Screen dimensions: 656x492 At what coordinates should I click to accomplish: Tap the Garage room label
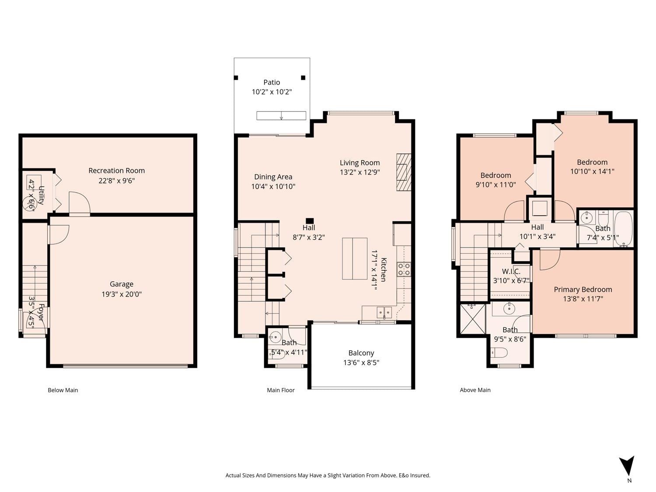(121, 284)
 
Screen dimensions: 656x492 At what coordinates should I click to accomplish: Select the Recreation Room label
(117, 171)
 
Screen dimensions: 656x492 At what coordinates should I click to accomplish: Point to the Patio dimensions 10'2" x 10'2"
(272, 92)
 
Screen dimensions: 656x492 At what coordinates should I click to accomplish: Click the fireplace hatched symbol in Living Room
(404, 172)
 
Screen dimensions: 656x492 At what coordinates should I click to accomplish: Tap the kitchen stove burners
(404, 269)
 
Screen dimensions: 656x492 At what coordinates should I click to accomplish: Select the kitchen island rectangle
(355, 258)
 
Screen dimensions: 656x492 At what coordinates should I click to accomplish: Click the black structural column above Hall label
(310, 221)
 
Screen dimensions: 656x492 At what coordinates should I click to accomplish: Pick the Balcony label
(361, 353)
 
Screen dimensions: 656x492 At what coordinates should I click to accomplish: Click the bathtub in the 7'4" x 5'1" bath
(624, 229)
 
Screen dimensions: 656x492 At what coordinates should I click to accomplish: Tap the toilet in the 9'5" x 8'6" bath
(499, 352)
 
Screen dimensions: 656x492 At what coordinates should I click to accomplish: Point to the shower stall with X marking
(472, 318)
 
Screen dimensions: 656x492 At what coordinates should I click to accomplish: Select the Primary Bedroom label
(583, 290)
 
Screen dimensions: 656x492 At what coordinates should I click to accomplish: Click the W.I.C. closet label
(511, 272)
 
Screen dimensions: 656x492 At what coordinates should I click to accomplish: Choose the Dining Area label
(273, 177)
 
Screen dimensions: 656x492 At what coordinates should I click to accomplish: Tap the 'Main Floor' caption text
(281, 390)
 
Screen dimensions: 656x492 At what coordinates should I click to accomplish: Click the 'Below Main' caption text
(63, 390)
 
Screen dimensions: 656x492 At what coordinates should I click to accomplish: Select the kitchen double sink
(384, 313)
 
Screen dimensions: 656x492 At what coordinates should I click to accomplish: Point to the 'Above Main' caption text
(475, 390)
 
